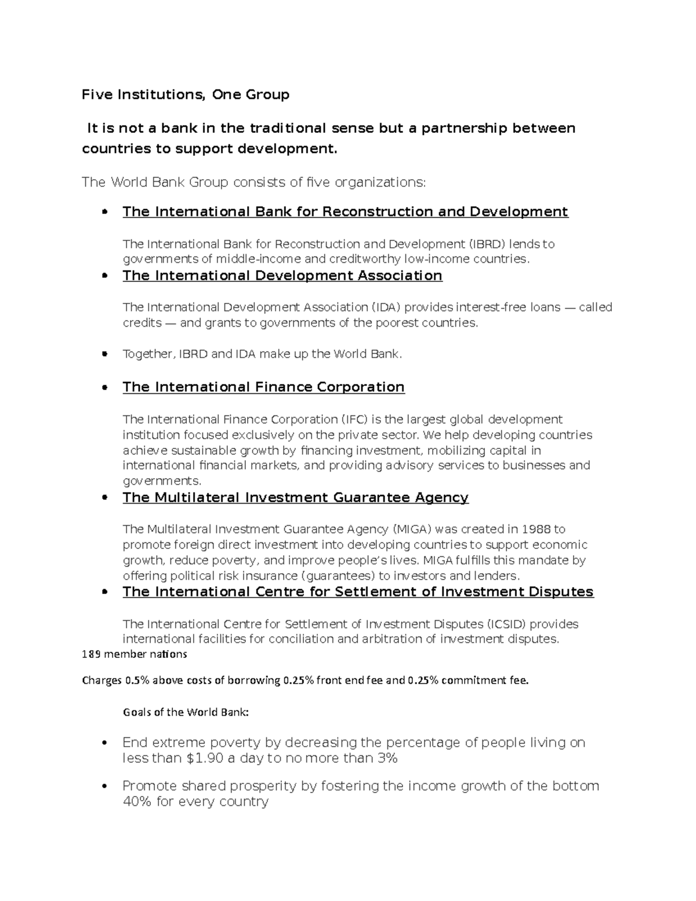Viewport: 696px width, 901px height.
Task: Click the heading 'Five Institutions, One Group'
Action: (186, 95)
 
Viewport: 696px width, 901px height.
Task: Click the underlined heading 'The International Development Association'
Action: (282, 276)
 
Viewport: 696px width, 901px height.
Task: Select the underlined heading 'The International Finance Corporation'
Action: (263, 387)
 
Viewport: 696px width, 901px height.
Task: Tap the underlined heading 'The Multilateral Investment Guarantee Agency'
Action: (295, 498)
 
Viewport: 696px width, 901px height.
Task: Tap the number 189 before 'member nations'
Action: (91, 654)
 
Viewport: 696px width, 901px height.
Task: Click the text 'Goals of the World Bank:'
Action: (186, 712)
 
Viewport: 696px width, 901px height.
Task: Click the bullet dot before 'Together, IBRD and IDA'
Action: (104, 354)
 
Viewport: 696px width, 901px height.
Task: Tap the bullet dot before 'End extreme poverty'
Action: (104, 743)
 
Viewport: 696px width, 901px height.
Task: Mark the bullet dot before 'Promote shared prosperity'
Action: (104, 787)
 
